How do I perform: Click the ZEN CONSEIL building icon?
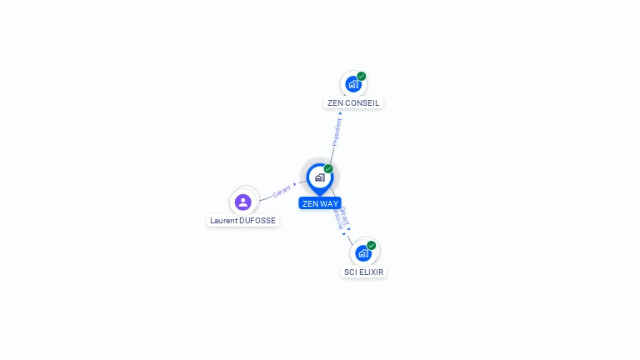pyautogui.click(x=352, y=84)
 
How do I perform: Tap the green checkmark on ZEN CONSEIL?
pyautogui.click(x=362, y=76)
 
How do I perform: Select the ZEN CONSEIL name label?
pyautogui.click(x=353, y=103)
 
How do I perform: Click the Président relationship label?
pyautogui.click(x=337, y=132)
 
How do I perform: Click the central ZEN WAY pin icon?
pyautogui.click(x=319, y=177)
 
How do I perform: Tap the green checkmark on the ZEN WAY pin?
pyautogui.click(x=328, y=168)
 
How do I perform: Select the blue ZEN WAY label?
pyautogui.click(x=320, y=203)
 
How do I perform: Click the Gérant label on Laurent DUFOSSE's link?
pyautogui.click(x=282, y=192)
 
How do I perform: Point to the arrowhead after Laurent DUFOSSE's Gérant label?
pyautogui.click(x=295, y=184)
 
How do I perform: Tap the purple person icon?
pyautogui.click(x=243, y=202)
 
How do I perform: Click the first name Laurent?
pyautogui.click(x=224, y=221)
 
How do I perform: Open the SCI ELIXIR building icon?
pyautogui.click(x=362, y=253)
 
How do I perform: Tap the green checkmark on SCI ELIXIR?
pyautogui.click(x=372, y=245)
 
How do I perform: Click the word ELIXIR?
pyautogui.click(x=372, y=272)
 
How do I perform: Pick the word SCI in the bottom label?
pyautogui.click(x=351, y=272)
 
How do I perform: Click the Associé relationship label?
pyautogui.click(x=338, y=221)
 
